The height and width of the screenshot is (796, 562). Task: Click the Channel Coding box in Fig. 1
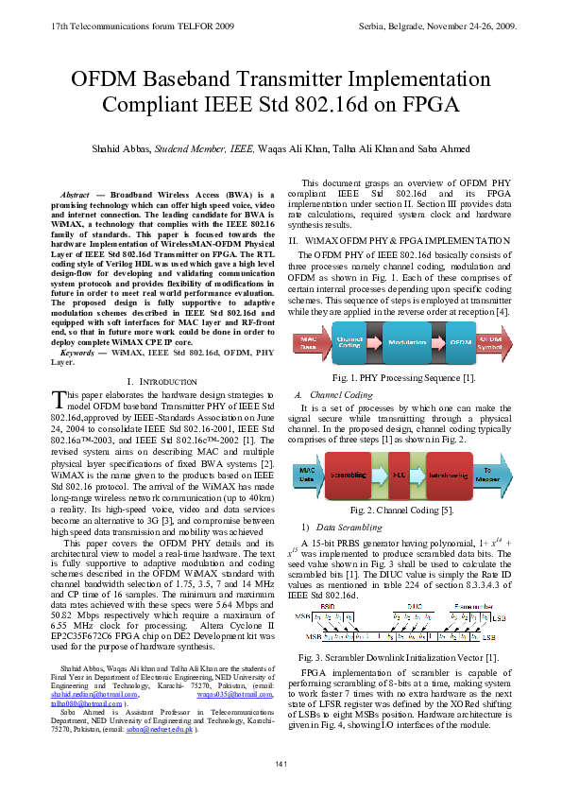click(349, 342)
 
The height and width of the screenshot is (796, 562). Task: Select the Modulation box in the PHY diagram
click(407, 342)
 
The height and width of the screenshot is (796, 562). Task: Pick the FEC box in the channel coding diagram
click(401, 475)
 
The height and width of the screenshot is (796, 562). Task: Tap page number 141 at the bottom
click(281, 763)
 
